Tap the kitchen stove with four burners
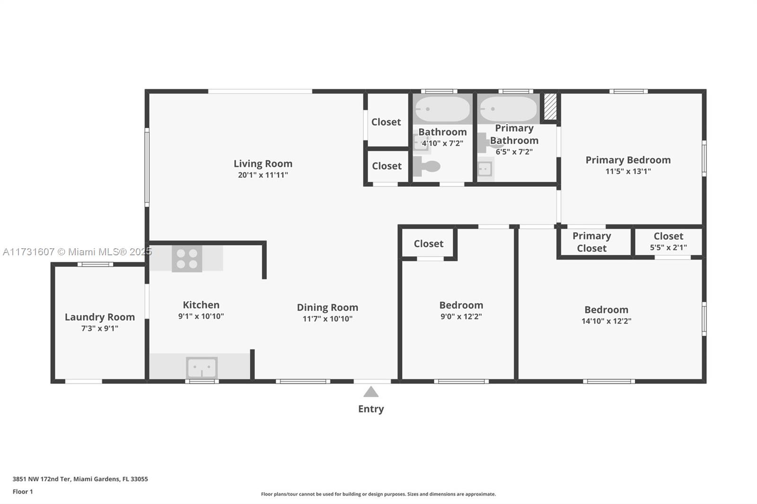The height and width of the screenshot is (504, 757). (x=187, y=259)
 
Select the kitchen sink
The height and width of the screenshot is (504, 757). (x=202, y=367)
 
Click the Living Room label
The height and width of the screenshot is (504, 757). (x=263, y=164)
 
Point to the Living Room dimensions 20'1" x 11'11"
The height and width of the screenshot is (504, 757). (x=263, y=175)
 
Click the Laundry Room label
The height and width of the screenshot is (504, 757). (x=100, y=317)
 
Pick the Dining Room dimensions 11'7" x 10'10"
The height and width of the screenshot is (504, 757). (x=327, y=319)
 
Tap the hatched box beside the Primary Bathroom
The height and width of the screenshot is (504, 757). (x=550, y=106)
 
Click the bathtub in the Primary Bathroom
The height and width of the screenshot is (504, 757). (x=508, y=109)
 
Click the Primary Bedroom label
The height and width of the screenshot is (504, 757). (x=628, y=160)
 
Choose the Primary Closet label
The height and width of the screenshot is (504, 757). (x=592, y=242)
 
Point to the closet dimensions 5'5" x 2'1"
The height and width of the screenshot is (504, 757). (x=668, y=248)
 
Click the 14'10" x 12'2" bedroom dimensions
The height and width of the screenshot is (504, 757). (x=606, y=321)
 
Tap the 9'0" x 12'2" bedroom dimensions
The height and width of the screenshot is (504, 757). (x=461, y=316)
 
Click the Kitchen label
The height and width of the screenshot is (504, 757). (x=201, y=304)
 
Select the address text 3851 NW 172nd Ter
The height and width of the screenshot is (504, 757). (x=42, y=479)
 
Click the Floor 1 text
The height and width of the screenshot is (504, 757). (x=23, y=492)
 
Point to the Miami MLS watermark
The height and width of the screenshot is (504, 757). (x=78, y=252)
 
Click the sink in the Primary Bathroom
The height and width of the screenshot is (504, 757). (x=485, y=169)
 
